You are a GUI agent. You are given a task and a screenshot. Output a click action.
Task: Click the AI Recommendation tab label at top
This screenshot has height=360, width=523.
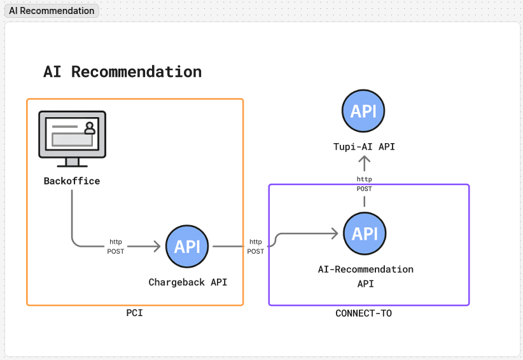[52, 11]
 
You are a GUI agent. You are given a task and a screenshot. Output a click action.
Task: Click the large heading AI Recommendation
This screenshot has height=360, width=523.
[122, 72]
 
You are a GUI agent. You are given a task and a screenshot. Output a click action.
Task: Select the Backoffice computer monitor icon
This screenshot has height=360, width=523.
[72, 135]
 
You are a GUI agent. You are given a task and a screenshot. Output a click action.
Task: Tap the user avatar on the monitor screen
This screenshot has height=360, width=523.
[90, 128]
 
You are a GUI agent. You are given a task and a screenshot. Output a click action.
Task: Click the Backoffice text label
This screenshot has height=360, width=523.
[72, 181]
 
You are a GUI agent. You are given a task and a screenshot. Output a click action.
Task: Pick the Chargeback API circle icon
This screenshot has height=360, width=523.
[187, 246]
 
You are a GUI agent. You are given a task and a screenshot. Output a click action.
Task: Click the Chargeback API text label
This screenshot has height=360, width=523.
[188, 282]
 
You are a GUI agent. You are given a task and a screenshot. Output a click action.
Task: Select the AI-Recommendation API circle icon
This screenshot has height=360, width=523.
[365, 233]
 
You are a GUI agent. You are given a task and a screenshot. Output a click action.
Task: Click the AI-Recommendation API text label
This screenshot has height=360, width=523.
[365, 276]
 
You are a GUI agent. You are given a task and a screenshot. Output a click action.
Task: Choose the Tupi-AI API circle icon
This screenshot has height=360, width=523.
[364, 111]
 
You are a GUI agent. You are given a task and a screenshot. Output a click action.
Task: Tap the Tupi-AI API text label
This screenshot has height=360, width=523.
[364, 147]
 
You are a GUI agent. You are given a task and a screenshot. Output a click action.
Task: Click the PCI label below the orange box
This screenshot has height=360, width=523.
[134, 313]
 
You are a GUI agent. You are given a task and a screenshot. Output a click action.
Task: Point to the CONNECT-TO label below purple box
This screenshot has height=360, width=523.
[363, 313]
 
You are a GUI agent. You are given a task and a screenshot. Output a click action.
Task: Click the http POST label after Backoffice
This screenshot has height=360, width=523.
[116, 247]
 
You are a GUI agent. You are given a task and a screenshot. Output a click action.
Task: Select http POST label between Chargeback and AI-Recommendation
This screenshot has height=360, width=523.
[255, 247]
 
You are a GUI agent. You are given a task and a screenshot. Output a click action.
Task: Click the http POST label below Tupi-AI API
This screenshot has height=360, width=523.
[364, 184]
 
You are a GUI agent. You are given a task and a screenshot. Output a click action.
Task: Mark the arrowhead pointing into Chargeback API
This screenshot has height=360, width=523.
[157, 246]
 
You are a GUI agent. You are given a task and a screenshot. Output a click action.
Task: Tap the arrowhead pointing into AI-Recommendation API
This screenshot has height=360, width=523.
[335, 233]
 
